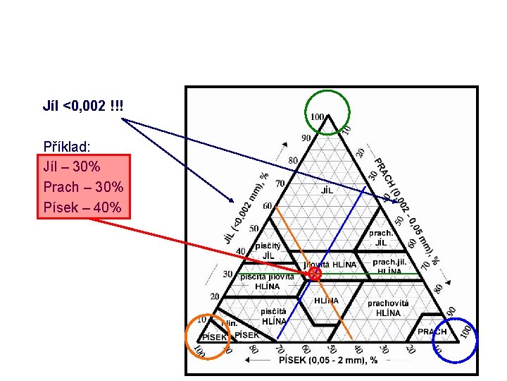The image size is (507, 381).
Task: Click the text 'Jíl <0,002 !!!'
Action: pyautogui.click(x=83, y=107)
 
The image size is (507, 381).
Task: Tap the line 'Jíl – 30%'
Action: pyautogui.click(x=72, y=168)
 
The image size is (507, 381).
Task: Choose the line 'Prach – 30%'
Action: pyautogui.click(x=83, y=188)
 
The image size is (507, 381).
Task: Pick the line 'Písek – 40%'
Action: pyautogui.click(x=83, y=207)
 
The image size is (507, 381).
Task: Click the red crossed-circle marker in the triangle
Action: pyautogui.click(x=315, y=273)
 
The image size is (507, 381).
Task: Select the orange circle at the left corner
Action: pyautogui.click(x=207, y=336)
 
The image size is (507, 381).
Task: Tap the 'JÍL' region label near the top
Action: pyautogui.click(x=327, y=190)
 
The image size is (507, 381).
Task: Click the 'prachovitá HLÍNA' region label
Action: pyautogui.click(x=388, y=308)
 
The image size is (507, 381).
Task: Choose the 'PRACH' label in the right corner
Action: pyautogui.click(x=432, y=332)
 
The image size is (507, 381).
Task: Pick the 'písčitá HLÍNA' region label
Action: pyautogui.click(x=273, y=316)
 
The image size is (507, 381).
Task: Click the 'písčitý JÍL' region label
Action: pyautogui.click(x=268, y=250)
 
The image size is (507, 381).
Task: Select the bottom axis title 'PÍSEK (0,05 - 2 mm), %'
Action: pyautogui.click(x=328, y=360)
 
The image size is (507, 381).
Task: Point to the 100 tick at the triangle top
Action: pyautogui.click(x=318, y=116)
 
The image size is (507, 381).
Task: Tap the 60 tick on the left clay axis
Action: pyautogui.click(x=268, y=206)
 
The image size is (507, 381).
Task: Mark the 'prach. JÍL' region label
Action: pyautogui.click(x=381, y=238)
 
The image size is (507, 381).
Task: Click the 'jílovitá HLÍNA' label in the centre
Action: pyautogui.click(x=330, y=265)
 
